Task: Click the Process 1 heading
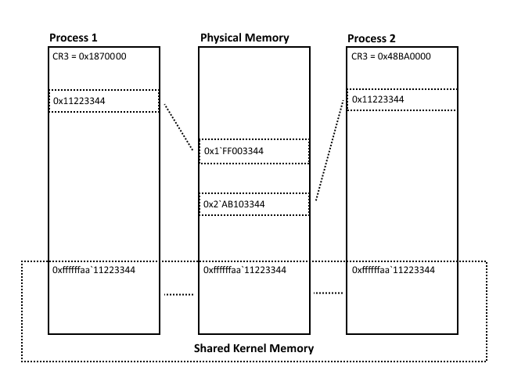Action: (74, 38)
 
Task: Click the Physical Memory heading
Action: (245, 38)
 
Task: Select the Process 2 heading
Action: (372, 38)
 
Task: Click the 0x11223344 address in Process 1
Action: (78, 101)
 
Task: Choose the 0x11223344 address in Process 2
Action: (379, 100)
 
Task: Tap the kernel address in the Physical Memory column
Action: (245, 270)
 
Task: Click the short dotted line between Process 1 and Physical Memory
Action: (178, 295)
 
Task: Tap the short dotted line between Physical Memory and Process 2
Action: (328, 294)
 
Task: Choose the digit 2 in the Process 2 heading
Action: (396, 38)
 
